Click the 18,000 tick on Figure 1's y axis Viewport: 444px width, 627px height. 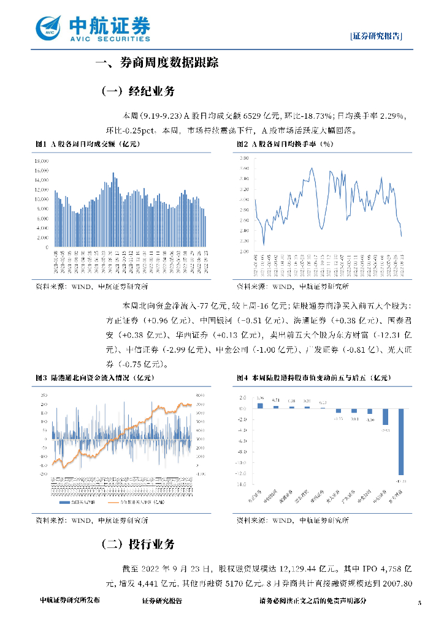(42, 160)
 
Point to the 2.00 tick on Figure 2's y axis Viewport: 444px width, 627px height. (244, 252)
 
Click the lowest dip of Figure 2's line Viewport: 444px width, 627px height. (264, 244)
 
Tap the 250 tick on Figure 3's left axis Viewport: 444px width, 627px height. (44, 395)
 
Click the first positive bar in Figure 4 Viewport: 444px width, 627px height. (260, 405)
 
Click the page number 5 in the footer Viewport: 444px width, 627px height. (419, 603)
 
